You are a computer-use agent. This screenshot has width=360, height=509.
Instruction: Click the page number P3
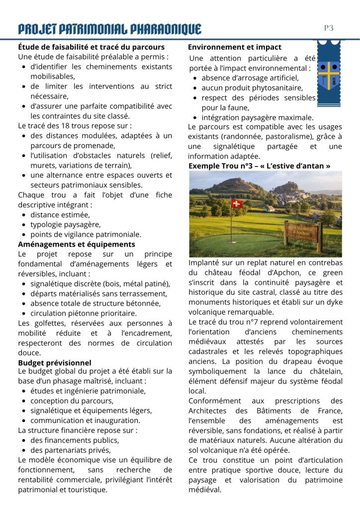coord(329,28)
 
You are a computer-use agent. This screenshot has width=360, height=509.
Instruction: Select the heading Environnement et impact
coord(235,47)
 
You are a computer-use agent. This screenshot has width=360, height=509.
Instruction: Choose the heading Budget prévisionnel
coord(55,363)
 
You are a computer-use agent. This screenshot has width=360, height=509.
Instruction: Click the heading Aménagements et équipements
coord(77,244)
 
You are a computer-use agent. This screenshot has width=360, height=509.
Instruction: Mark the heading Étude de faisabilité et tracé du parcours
coord(91,47)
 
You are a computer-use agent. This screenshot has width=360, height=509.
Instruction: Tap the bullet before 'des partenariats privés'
coord(24,450)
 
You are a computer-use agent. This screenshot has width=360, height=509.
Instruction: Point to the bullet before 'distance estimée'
coord(24,215)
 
